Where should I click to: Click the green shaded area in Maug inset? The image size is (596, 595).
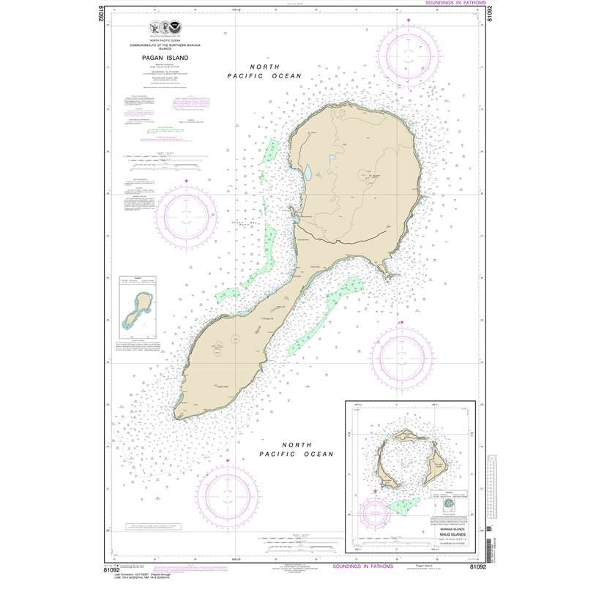401,504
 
